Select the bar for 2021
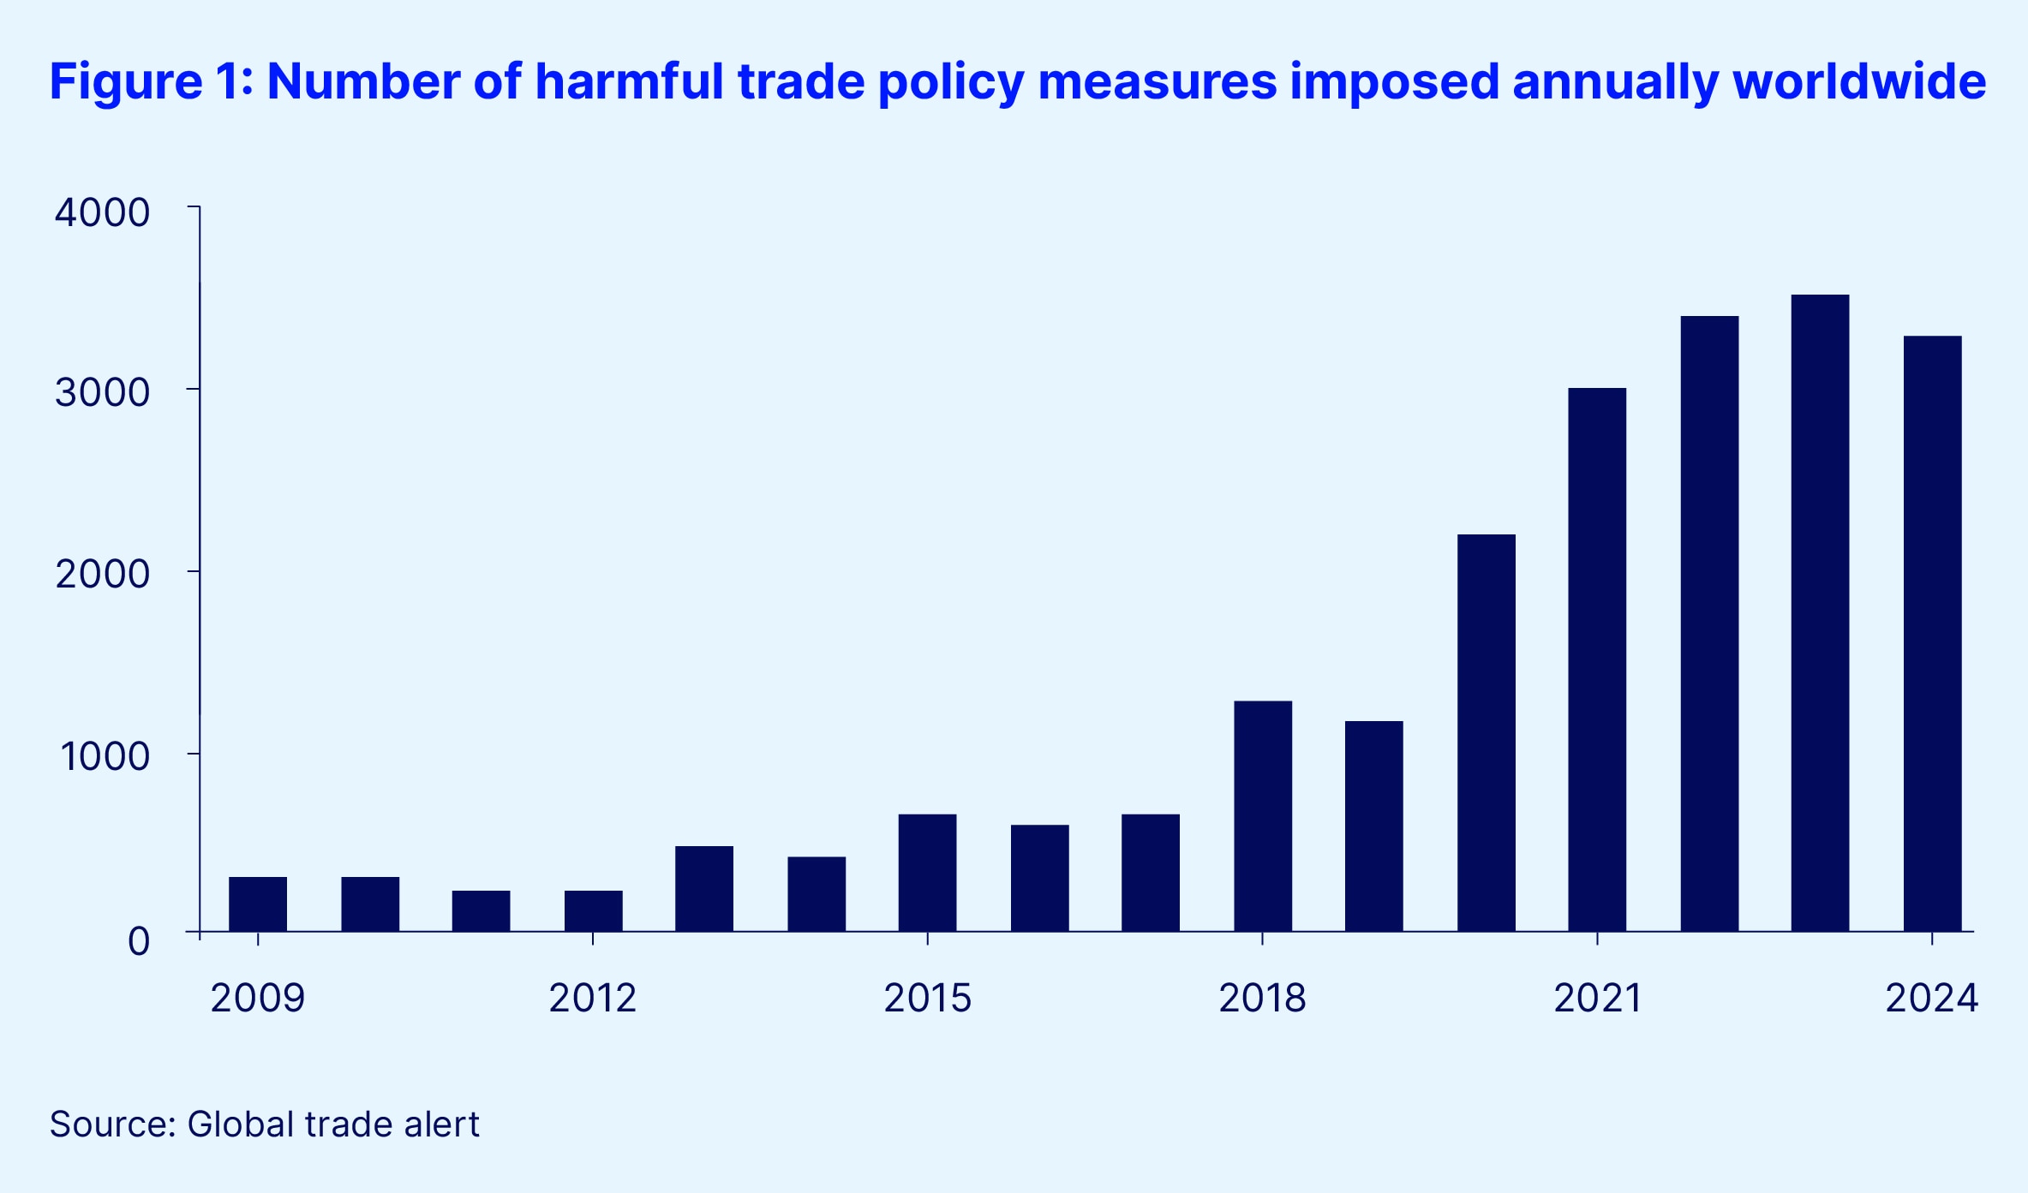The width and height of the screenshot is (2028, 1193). click(1597, 659)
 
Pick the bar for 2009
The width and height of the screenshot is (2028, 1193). click(258, 904)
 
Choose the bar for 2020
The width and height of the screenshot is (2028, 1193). click(1487, 732)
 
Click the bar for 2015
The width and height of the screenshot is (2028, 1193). click(927, 872)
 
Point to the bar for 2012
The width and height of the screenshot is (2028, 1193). click(593, 910)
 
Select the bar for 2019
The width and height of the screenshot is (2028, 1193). click(1374, 826)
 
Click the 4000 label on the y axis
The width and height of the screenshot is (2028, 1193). click(102, 212)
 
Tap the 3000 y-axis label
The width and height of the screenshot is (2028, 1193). click(102, 393)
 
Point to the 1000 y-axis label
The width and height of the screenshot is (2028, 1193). click(104, 756)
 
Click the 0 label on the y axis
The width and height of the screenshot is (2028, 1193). click(139, 941)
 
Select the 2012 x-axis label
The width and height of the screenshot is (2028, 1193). click(593, 999)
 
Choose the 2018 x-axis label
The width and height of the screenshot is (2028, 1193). click(1262, 999)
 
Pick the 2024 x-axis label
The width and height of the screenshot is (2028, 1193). click(1932, 999)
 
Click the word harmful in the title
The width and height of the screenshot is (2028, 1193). click(630, 82)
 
